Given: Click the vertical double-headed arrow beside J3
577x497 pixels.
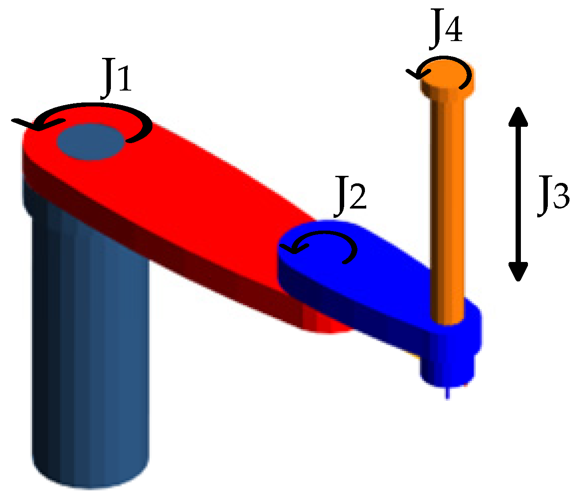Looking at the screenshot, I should click(x=518, y=194).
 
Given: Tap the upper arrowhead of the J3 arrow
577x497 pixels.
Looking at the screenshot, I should click(x=518, y=117).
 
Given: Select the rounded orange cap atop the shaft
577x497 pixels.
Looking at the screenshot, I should click(x=447, y=77).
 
